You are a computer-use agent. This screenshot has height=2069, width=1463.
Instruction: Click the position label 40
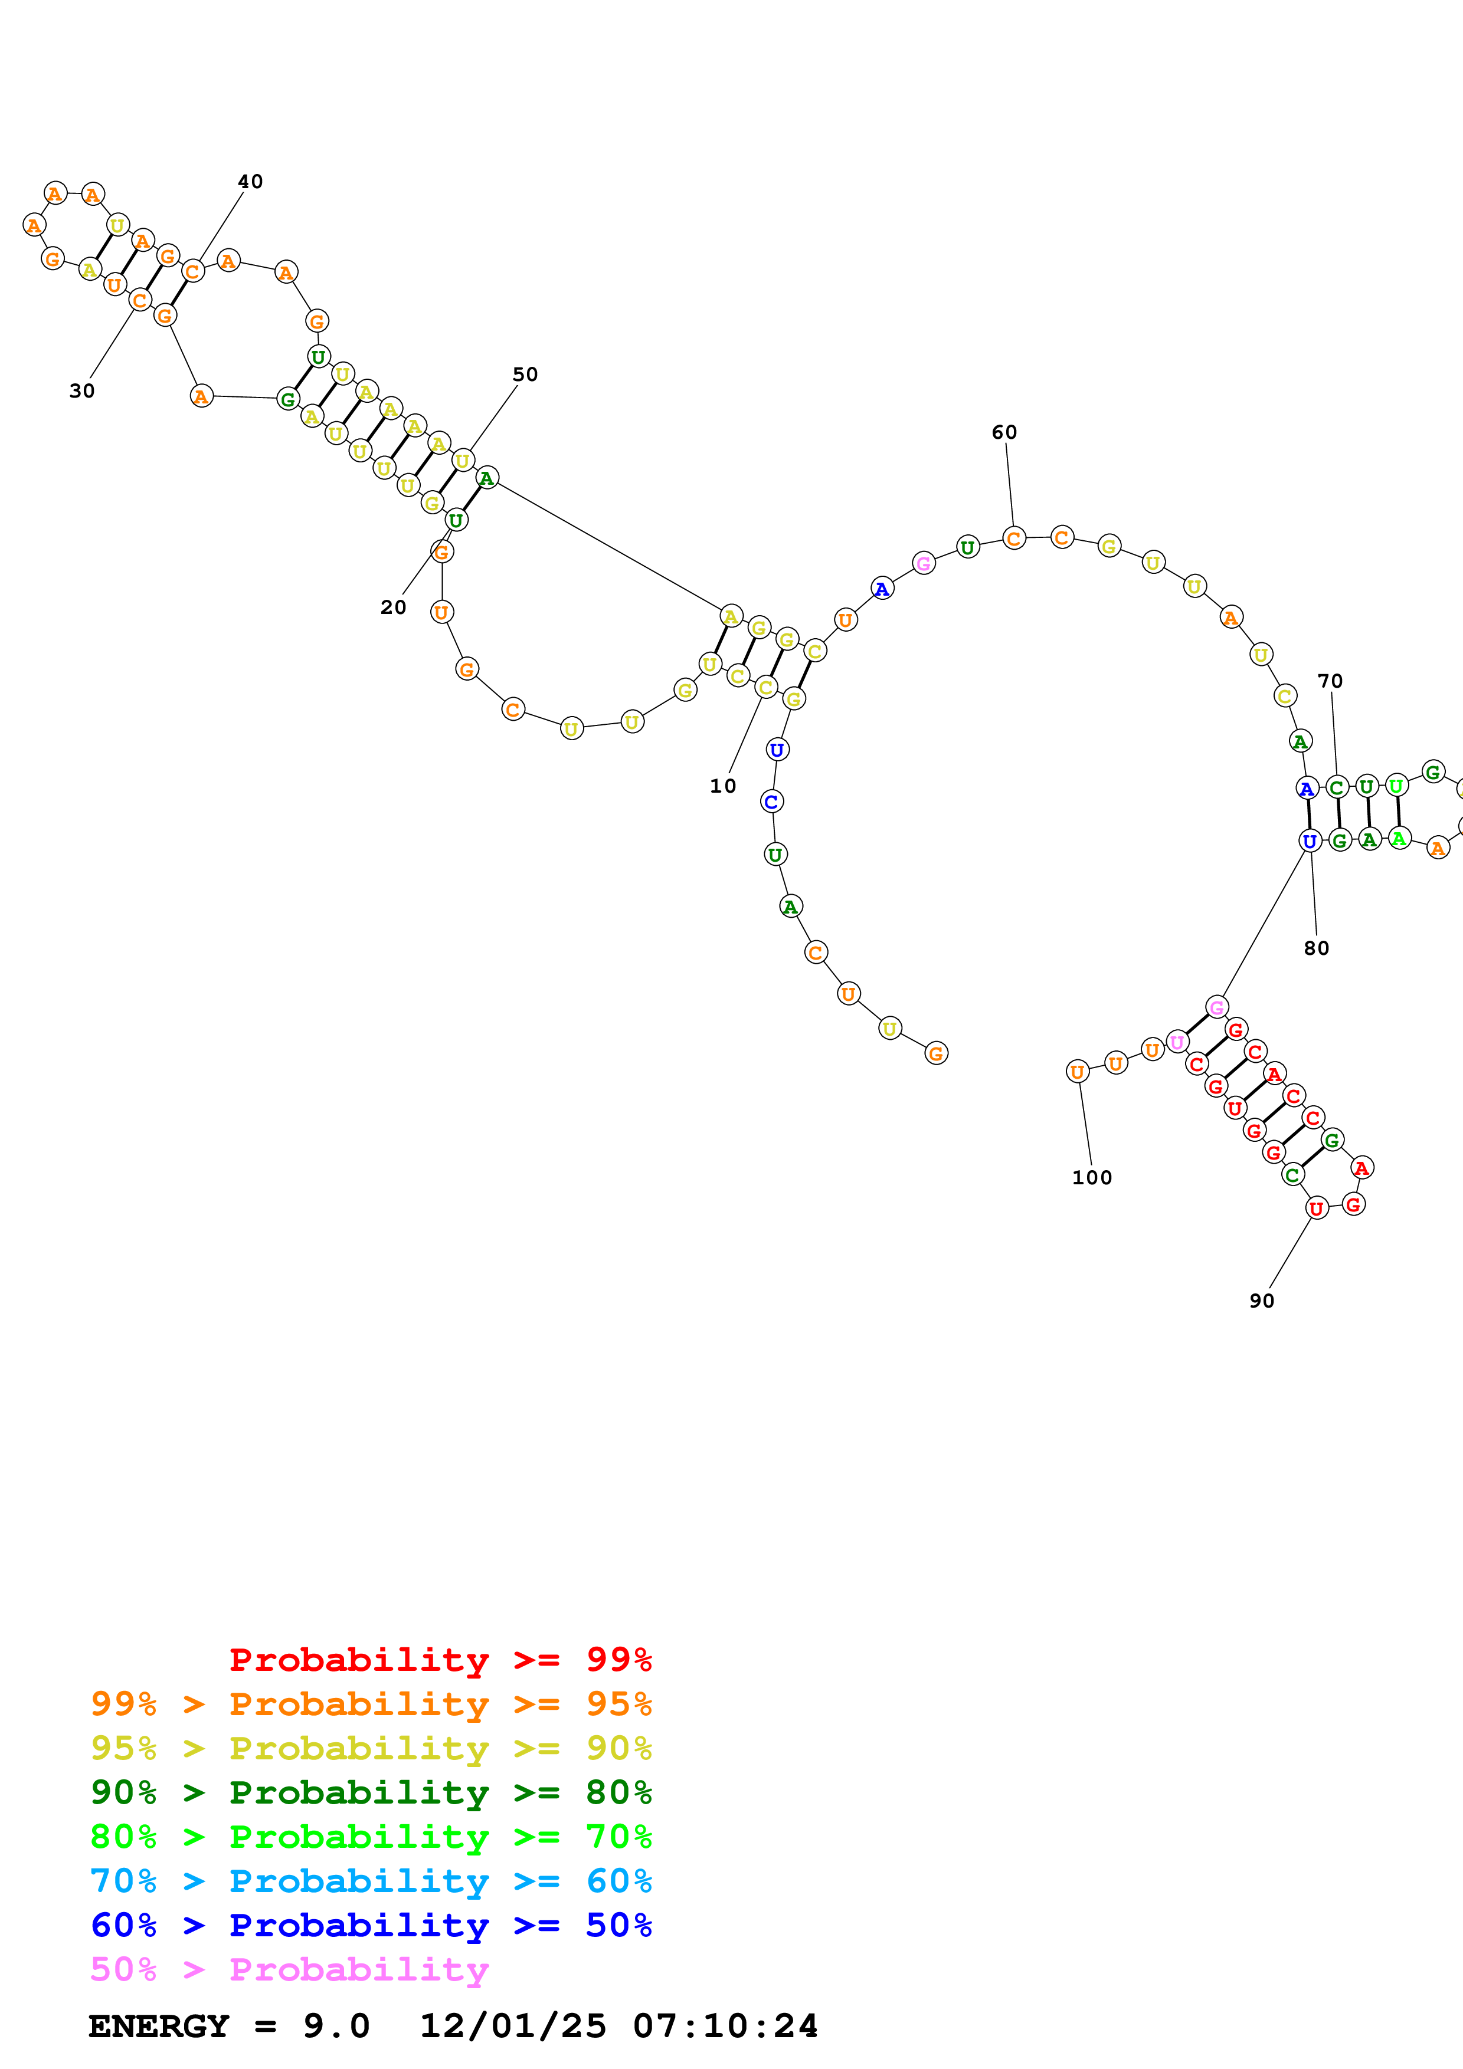pyautogui.click(x=251, y=182)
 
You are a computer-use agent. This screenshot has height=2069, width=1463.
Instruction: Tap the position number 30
pyautogui.click(x=82, y=391)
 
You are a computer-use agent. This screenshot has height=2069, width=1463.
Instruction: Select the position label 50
pyautogui.click(x=525, y=375)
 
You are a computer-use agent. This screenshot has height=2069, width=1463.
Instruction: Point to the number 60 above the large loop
pyautogui.click(x=1004, y=432)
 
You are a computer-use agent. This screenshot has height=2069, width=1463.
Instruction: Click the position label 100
pyautogui.click(x=1092, y=1178)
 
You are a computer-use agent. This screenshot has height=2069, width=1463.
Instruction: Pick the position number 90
pyautogui.click(x=1262, y=1301)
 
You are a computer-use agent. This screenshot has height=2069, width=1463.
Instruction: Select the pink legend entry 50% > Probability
pyautogui.click(x=289, y=1970)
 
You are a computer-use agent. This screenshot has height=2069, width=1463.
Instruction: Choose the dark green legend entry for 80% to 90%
pyautogui.click(x=371, y=1792)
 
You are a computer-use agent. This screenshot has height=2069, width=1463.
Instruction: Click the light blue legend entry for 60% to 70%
pyautogui.click(x=371, y=1881)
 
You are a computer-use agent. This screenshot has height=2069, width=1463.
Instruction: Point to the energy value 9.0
pyautogui.click(x=336, y=2027)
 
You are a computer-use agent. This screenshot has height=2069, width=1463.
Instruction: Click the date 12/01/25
pyautogui.click(x=513, y=2027)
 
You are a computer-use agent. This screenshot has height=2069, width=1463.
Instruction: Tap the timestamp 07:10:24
pyautogui.click(x=726, y=2027)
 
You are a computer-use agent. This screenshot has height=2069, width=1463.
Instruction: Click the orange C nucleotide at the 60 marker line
pyautogui.click(x=1014, y=539)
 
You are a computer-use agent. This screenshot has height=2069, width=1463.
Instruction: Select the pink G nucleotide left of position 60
pyautogui.click(x=923, y=564)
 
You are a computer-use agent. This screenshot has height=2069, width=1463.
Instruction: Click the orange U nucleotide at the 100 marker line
pyautogui.click(x=1077, y=1072)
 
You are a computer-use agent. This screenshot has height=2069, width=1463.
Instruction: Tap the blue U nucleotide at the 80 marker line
pyautogui.click(x=1310, y=842)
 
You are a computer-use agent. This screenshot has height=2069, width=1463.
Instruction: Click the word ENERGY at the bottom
pyautogui.click(x=159, y=2027)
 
